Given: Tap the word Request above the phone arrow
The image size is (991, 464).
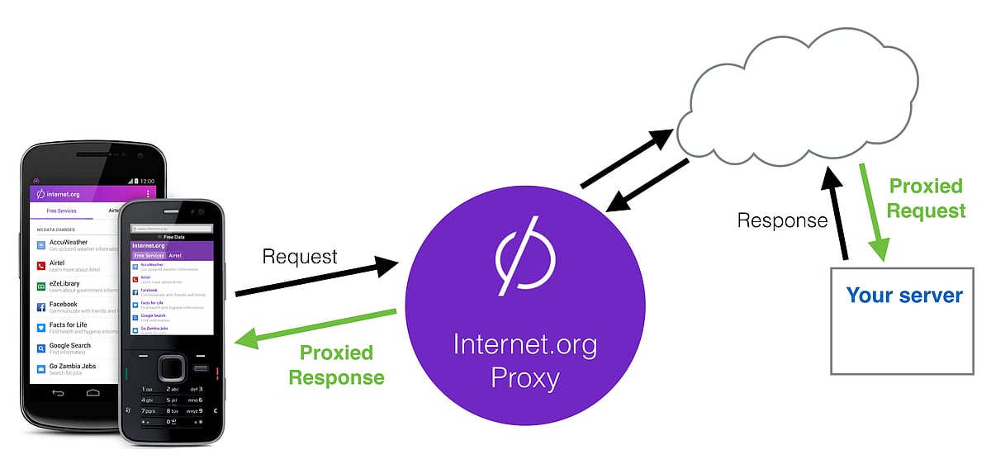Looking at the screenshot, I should tap(300, 256).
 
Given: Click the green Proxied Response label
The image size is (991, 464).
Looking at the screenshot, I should tap(336, 365).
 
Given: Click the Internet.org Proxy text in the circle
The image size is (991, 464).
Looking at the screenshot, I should tap(525, 360).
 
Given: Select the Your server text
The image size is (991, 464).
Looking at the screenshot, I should tap(904, 296).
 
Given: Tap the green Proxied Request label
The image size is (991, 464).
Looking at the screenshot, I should tap(926, 198).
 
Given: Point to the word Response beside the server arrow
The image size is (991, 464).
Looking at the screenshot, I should tap(782, 220).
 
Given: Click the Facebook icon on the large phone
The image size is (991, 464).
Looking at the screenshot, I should tap(40, 306).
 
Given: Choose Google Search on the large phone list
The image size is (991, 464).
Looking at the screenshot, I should tap(69, 347).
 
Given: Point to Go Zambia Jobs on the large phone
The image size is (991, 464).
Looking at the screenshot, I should tap(73, 367).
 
